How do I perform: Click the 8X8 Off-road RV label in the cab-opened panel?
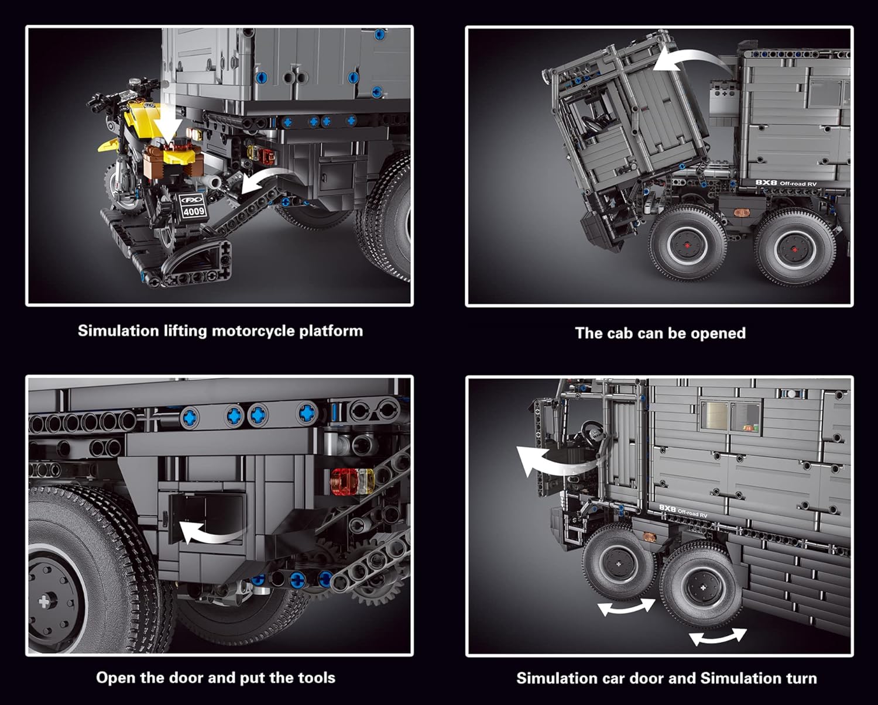click(786, 183)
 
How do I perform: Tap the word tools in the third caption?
click(316, 678)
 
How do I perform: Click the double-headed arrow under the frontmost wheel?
click(626, 607)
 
